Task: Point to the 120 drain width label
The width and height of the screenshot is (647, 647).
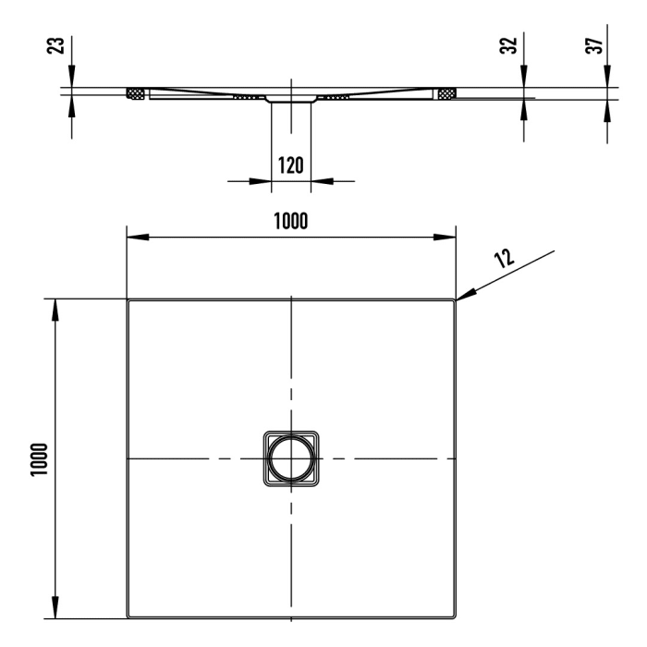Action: tap(290, 166)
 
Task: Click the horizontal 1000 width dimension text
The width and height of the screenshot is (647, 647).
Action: tap(289, 221)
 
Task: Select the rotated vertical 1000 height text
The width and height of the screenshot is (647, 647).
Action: tap(38, 458)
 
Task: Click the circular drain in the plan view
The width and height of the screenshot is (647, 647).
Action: tap(290, 458)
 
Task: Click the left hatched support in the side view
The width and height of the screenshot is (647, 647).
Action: tap(136, 93)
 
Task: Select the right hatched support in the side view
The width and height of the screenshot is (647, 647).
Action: tap(446, 93)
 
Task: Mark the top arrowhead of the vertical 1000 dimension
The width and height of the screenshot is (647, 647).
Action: tap(55, 309)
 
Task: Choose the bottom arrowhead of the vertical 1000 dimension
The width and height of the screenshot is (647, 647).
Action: tap(55, 609)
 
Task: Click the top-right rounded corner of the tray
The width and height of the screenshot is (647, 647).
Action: tap(453, 301)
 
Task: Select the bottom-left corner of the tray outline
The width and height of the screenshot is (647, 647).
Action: tap(128, 616)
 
